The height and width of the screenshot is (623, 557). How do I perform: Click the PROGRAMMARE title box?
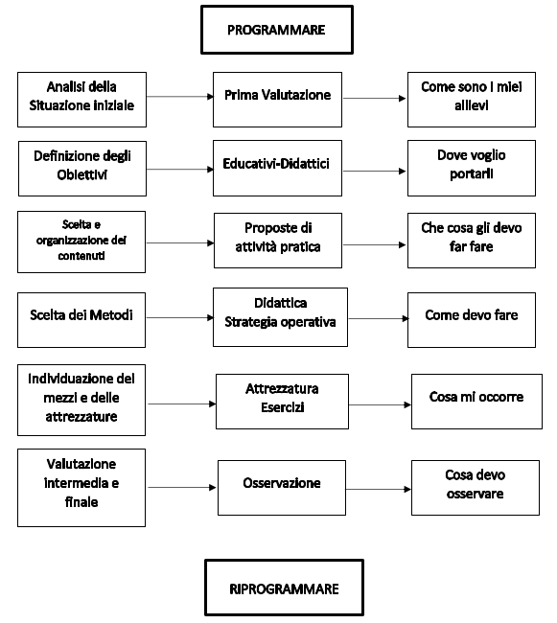coord(277,30)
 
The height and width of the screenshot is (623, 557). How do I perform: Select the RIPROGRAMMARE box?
coord(284,588)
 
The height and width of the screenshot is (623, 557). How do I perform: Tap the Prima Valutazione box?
coord(277,100)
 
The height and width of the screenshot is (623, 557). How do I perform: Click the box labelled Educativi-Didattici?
coord(277,168)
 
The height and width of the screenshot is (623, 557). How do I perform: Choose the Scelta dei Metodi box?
coord(81,320)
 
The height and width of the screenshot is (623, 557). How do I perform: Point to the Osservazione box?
coord(282,488)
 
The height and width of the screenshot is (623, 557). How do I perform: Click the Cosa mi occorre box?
coord(476,402)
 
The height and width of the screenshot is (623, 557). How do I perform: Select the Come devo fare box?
coord(472,320)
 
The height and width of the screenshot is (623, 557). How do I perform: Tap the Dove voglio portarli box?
coord(472,168)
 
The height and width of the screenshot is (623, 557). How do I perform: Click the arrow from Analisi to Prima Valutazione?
coord(180,97)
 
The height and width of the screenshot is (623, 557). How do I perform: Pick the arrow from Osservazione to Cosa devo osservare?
coord(379,489)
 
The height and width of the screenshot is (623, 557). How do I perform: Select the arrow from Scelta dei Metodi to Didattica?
coord(179,317)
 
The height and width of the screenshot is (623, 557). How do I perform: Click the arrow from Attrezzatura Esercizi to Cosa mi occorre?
coord(381,404)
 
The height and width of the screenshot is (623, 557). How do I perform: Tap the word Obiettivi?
coord(81,174)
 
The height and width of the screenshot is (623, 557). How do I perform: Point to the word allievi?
coord(472,105)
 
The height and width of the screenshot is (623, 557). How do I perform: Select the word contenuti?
coord(81,256)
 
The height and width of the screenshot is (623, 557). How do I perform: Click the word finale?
coord(81,502)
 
